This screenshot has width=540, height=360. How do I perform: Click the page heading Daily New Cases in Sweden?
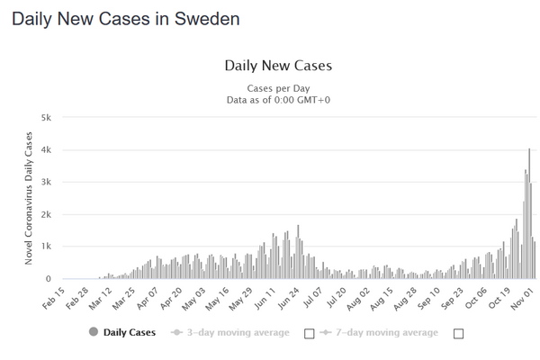[x=126, y=19]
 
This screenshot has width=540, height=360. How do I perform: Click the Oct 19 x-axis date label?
[x=501, y=298]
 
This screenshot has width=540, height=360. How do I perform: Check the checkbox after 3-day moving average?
[x=310, y=334]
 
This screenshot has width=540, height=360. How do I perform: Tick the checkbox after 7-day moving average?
[x=459, y=334]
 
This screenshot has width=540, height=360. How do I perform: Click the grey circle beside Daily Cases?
[x=94, y=333]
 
